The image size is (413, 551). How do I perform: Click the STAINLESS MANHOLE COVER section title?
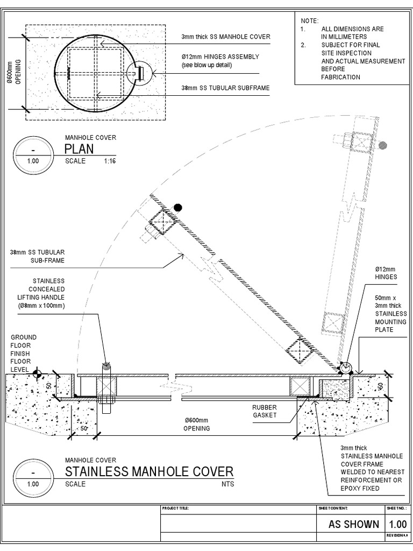click(149, 472)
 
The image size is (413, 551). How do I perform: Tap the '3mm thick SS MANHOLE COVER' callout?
click(225, 37)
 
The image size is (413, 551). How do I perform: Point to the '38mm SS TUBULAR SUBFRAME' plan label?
click(225, 88)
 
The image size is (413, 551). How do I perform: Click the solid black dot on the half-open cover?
click(177, 208)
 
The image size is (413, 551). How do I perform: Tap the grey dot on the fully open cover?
click(382, 145)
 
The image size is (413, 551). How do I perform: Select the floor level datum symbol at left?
click(37, 372)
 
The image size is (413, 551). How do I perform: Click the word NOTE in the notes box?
click(309, 20)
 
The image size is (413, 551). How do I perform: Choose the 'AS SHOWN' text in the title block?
click(354, 525)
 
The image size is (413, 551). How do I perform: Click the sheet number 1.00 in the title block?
click(397, 525)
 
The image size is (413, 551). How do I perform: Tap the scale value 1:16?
click(110, 161)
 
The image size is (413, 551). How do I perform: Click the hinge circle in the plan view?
click(140, 72)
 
